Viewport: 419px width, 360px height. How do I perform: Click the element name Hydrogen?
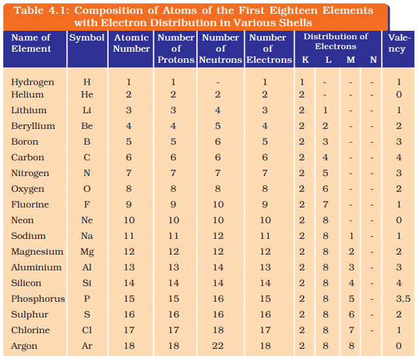33,82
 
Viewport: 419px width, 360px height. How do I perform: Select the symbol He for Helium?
87,95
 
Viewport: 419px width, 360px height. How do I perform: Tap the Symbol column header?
87,38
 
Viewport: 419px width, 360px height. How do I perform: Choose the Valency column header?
398,43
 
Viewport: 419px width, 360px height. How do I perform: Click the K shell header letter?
305,60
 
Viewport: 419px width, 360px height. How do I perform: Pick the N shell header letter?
373,60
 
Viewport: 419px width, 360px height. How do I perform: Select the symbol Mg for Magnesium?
87,252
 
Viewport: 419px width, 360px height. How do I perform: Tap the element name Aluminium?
37,268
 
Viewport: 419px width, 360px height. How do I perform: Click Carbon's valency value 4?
399,158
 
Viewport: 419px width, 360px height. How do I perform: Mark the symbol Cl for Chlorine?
87,331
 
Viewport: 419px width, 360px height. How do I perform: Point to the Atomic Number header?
132,43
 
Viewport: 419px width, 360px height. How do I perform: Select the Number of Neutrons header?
221,48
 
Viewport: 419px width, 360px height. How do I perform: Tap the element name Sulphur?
30,315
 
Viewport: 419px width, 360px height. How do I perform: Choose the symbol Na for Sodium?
87,236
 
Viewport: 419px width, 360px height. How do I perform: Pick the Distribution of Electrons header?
336,41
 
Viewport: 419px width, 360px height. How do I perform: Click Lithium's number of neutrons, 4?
218,111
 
